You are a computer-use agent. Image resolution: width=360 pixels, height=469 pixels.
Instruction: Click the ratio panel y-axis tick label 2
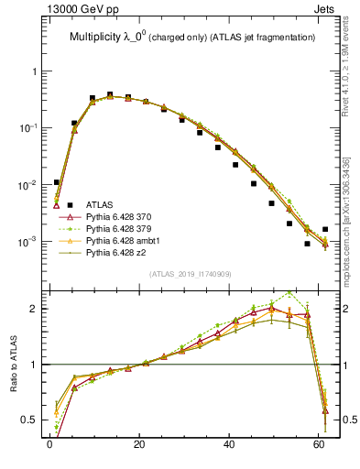[x=34, y=309]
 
